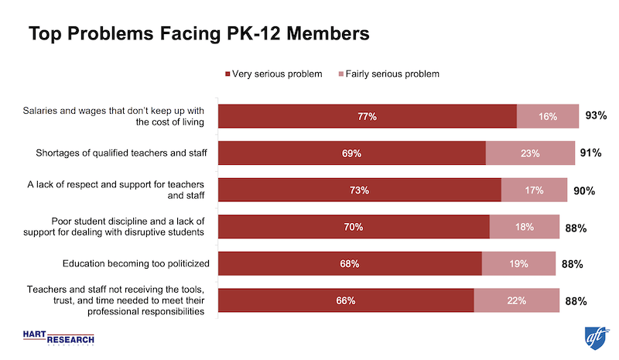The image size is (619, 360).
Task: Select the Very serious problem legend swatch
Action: pyautogui.click(x=227, y=74)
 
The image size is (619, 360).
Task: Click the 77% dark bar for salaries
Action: pyautogui.click(x=367, y=116)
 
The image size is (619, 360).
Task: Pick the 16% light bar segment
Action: pyautogui.click(x=548, y=116)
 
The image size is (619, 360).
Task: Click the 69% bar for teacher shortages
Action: pyautogui.click(x=351, y=153)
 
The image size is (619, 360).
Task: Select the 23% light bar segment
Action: pyautogui.click(x=530, y=153)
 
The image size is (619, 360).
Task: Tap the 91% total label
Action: pyautogui.click(x=590, y=153)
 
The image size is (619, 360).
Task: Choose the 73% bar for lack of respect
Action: pyautogui.click(x=360, y=190)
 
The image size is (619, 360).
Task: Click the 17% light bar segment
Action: pyautogui.click(x=534, y=190)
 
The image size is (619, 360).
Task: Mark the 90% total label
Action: pyautogui.click(x=584, y=190)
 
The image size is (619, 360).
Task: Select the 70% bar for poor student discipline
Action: pyautogui.click(x=354, y=228)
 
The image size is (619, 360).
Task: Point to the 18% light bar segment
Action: pyautogui.click(x=525, y=228)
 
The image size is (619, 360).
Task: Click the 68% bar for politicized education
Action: pyautogui.click(x=350, y=264)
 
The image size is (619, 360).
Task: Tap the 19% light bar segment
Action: pyautogui.click(x=518, y=264)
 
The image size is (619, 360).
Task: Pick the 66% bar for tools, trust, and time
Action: pyautogui.click(x=346, y=301)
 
